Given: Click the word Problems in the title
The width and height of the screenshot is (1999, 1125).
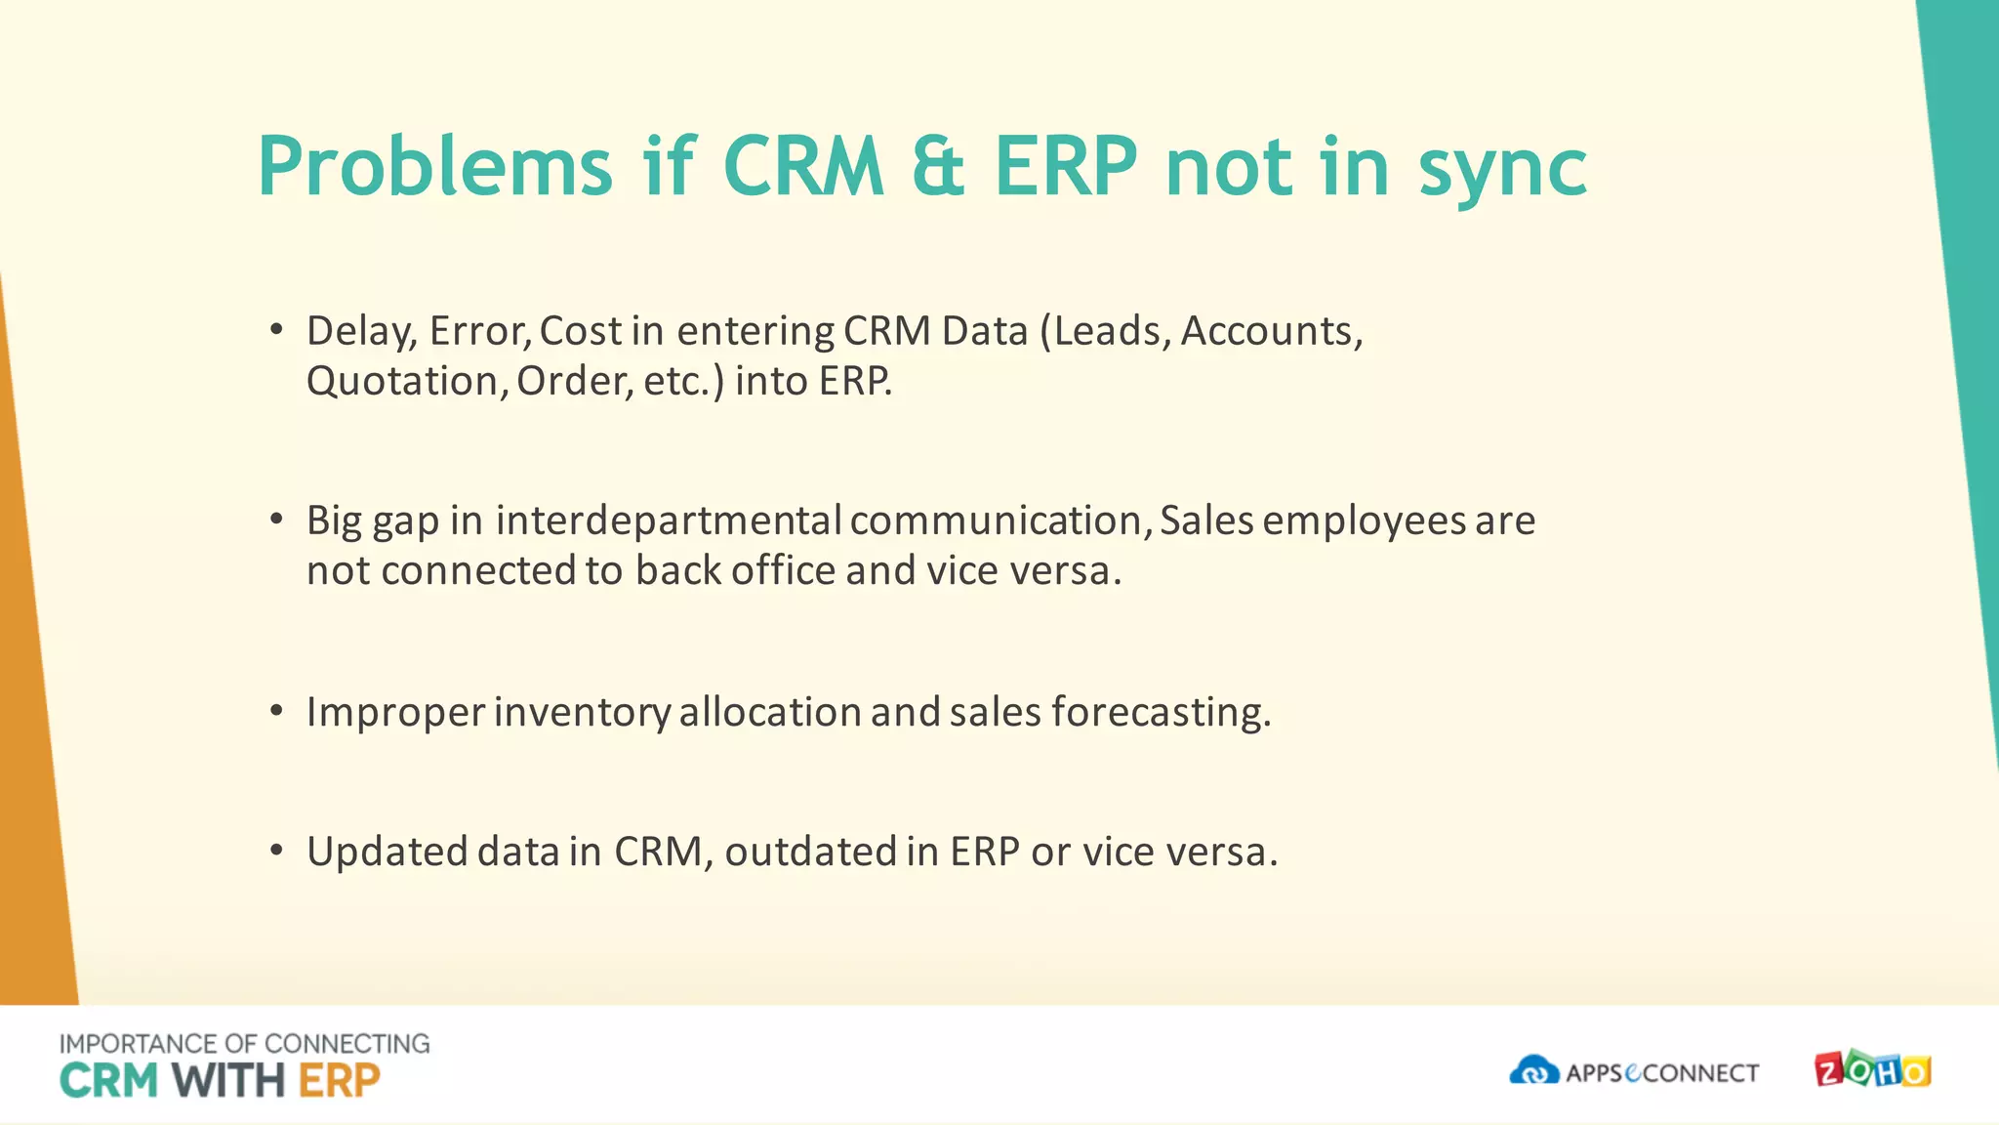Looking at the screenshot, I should click(435, 168).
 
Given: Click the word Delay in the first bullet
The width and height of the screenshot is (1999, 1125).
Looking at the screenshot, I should click(361, 332).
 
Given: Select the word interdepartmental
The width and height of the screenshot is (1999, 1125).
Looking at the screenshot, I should click(669, 521).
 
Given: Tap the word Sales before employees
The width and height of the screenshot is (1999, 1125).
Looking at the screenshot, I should click(1206, 521).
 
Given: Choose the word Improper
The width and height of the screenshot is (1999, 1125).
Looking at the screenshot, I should click(395, 713).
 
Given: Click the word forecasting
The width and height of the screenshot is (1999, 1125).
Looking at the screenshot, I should click(1161, 713).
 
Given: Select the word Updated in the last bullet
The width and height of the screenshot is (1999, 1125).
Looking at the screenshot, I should click(388, 853).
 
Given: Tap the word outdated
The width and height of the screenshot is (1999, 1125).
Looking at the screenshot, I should click(810, 853).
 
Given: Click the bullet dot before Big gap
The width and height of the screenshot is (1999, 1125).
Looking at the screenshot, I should click(277, 519).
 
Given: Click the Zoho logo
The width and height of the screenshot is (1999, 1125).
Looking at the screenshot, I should click(1872, 1070).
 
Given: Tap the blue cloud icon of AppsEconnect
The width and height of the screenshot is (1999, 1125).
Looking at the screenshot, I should click(1533, 1070).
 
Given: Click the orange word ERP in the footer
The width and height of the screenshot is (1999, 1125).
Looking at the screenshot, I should click(339, 1081).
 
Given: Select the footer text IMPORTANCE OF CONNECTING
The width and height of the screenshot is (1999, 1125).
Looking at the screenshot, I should click(244, 1044).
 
